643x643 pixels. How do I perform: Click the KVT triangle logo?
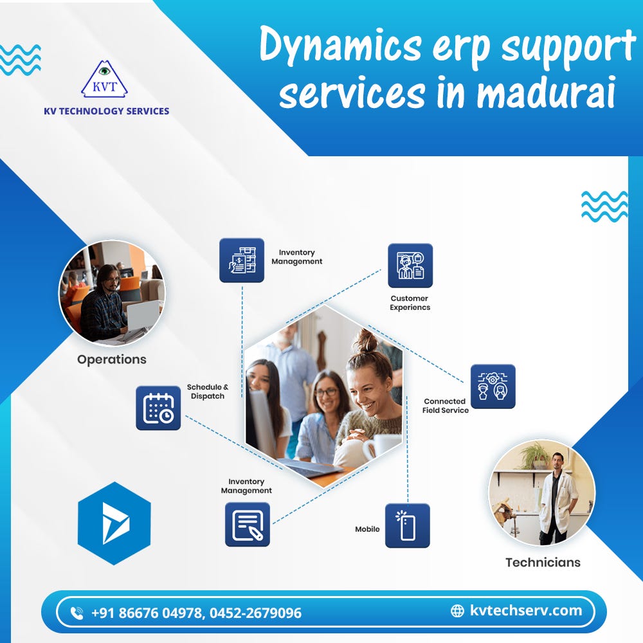tap(104, 80)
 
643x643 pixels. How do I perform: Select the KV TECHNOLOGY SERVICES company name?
tap(107, 111)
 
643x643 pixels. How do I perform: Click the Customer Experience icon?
tap(410, 266)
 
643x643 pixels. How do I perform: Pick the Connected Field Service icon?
tap(493, 386)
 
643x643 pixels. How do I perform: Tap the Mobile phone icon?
tap(407, 525)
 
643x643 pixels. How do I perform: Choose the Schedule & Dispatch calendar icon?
tap(158, 408)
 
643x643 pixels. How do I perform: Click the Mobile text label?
tap(367, 529)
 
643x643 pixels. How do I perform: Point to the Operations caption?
tap(112, 359)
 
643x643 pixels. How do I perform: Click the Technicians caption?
tap(543, 562)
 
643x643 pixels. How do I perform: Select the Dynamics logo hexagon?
tap(114, 523)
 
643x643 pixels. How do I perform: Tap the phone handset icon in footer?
tap(77, 613)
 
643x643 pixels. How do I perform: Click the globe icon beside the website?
tap(457, 611)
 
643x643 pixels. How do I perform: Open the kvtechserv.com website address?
tap(525, 610)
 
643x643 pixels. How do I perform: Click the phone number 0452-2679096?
tap(255, 613)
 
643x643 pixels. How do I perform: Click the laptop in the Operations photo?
tap(141, 315)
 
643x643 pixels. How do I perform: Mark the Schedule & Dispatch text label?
tap(208, 392)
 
